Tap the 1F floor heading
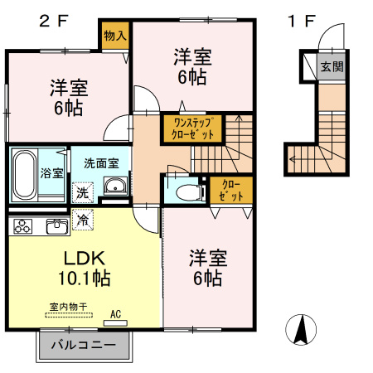[300, 21]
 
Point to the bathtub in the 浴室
[25, 173]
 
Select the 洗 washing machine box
[83, 192]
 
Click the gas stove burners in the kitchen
[22, 225]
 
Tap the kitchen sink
[57, 225]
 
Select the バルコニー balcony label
[84, 344]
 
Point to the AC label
[116, 314]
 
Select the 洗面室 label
[101, 164]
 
